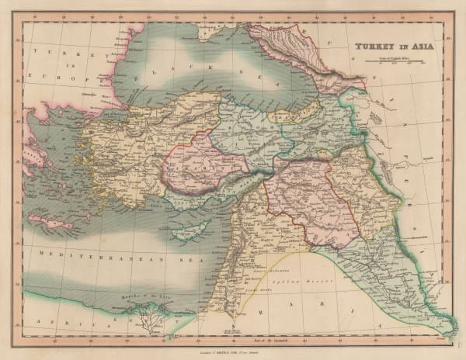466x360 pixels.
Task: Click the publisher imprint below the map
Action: pos(233,342)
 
